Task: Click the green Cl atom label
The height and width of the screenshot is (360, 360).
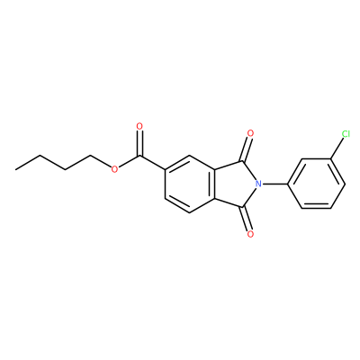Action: point(346,134)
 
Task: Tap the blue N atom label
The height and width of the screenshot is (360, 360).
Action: point(258,184)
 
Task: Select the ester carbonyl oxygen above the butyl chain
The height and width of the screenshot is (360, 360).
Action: point(139,126)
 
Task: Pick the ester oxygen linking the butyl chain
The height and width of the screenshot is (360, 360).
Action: point(114,169)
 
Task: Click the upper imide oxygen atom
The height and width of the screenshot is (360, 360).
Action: point(250,133)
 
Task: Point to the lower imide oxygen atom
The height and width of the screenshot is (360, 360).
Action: point(250,234)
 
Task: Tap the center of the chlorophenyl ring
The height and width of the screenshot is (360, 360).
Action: point(316,184)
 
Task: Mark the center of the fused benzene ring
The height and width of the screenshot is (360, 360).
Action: point(190,184)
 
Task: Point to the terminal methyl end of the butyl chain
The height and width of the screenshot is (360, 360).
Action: point(15,170)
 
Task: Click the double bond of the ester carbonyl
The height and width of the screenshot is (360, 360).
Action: point(139,143)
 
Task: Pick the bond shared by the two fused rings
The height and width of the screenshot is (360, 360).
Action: point(215,184)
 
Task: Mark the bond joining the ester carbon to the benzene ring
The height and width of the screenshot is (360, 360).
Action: point(152,163)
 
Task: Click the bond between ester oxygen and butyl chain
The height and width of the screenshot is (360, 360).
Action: point(100,162)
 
